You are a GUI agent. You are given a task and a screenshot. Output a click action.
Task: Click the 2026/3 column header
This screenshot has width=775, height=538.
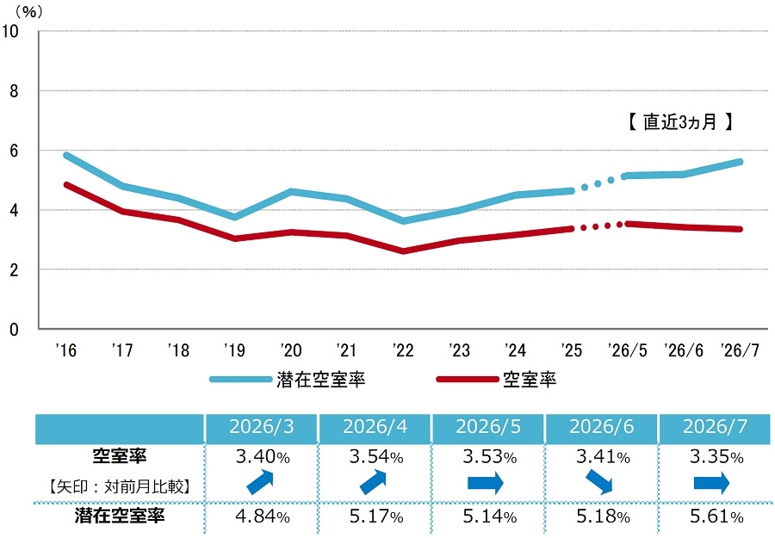coord(261,427)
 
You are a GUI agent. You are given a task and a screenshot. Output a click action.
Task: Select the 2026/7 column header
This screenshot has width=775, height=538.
coord(715,427)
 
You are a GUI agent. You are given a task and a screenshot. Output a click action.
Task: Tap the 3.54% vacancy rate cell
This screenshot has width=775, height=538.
coord(376,457)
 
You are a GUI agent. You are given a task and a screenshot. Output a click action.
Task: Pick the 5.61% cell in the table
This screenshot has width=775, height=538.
coord(716,516)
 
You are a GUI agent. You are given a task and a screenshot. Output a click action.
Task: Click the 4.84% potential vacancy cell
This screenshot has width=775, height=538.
coord(263,516)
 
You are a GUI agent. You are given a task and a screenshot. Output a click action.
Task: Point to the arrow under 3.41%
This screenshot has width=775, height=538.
coord(599,482)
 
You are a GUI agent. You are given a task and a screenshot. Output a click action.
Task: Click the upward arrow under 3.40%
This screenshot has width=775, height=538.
coord(260,482)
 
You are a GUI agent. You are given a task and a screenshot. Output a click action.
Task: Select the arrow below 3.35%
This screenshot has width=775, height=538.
coord(712,483)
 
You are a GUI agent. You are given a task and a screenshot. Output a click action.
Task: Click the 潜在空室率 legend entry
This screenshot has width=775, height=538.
coord(287,380)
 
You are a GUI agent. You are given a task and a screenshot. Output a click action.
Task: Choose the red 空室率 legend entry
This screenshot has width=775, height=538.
coord(496,380)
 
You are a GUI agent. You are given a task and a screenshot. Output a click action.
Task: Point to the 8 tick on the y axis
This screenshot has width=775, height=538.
coord(13,91)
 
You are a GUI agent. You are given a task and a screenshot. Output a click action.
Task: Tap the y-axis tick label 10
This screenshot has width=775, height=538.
coord(9,31)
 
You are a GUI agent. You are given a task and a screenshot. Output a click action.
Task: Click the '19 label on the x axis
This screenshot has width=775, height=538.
coord(234,350)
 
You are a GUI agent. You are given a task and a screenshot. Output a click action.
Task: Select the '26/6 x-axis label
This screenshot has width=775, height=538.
coord(684,350)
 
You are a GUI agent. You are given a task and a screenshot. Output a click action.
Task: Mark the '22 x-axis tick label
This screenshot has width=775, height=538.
coord(403,350)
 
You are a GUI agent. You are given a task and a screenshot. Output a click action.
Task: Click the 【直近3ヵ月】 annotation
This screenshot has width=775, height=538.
coord(679,121)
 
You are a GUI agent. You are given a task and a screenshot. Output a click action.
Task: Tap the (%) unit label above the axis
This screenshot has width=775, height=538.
coord(29,11)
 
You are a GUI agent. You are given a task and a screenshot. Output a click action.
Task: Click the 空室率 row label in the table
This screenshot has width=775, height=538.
coord(120,455)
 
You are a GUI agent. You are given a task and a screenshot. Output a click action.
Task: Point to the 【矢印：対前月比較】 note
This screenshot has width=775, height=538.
coord(119,486)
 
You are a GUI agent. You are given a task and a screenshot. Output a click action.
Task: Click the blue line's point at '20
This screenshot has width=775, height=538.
coord(291,191)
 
